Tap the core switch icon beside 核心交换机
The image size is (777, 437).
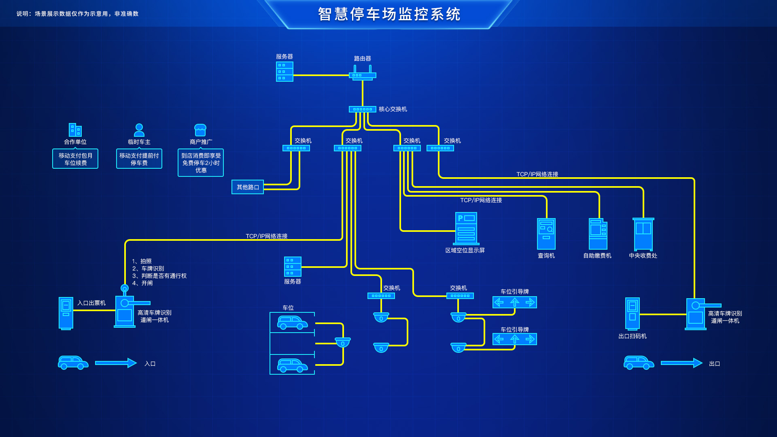point(363,109)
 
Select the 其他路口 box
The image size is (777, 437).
point(248,187)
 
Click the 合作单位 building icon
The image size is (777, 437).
point(75,130)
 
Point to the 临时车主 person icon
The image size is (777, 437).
point(139,130)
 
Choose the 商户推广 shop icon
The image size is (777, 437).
point(200,130)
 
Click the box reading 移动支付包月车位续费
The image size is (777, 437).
point(75,159)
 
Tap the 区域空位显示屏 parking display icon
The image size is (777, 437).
point(466,229)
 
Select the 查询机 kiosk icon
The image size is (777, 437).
point(546,234)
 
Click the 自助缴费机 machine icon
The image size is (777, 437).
point(598,234)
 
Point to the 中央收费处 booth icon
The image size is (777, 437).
point(643,234)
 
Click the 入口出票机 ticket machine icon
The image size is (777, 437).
point(66,313)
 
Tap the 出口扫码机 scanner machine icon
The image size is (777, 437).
point(633,314)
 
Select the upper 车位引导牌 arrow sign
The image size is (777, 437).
point(515,302)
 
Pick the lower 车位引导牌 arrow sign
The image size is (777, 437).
point(515,339)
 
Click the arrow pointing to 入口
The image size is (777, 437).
point(116,363)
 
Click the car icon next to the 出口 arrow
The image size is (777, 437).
point(639,363)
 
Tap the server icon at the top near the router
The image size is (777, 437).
point(284,72)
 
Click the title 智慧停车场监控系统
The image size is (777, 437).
point(389,14)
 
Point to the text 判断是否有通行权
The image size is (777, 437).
point(163,276)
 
